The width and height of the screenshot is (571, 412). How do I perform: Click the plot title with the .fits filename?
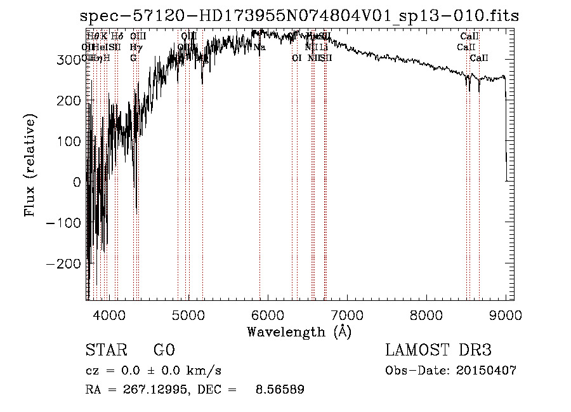[299, 17]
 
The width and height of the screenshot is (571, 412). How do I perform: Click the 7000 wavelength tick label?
[346, 315]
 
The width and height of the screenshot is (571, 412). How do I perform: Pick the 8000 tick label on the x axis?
[426, 315]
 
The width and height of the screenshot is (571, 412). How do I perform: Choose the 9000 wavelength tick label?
[505, 315]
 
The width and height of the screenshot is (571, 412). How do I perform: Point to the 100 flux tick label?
[69, 141]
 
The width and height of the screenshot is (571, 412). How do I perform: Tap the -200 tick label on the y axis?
[64, 263]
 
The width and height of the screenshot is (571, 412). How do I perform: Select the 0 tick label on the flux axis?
[77, 182]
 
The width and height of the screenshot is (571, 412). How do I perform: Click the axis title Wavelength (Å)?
[299, 331]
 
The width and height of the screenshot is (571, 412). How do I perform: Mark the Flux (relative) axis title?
[30, 165]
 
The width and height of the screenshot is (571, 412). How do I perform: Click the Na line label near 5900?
[259, 47]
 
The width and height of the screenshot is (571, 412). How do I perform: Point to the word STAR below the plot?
[106, 350]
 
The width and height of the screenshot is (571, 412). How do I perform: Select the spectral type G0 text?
[164, 350]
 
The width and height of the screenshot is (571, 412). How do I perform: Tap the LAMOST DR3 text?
[438, 350]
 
